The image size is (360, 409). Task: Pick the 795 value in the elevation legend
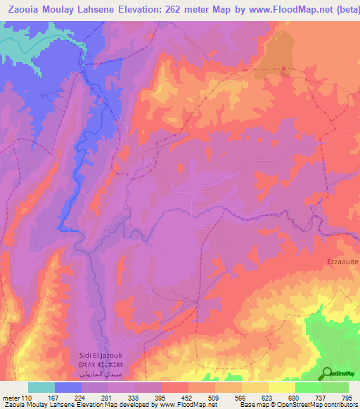click(x=347, y=398)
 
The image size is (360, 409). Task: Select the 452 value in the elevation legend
click(x=188, y=398)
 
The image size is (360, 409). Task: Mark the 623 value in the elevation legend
click(x=268, y=398)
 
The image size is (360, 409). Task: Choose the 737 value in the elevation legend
click(x=321, y=398)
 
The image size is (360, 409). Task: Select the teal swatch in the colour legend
click(x=41, y=387)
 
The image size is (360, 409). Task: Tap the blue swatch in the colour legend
click(x=68, y=387)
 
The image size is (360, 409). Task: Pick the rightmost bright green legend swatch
click(x=335, y=387)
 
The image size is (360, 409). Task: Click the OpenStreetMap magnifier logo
click(x=328, y=372)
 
